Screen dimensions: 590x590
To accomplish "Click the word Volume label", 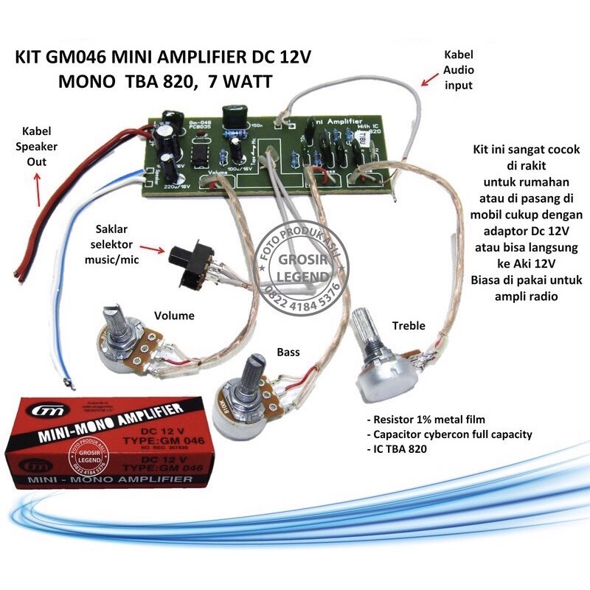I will click(174, 316).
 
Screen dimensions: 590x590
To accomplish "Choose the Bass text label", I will click(288, 353).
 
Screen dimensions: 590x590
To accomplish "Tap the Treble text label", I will click(409, 325).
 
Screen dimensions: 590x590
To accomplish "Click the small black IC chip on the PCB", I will click(201, 153).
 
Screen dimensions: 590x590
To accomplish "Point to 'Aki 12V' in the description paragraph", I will click(528, 262).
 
